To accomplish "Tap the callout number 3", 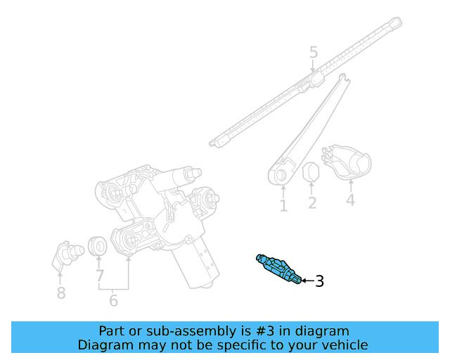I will point(319,282).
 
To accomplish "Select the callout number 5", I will point(314,52).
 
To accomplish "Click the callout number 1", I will point(283,206).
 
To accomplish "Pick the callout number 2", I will point(312,204).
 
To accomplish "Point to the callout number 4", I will point(350,200).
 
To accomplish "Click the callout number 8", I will point(61,292).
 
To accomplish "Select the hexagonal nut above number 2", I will point(311,173).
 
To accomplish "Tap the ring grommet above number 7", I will point(98,247).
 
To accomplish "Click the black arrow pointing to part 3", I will point(307,281).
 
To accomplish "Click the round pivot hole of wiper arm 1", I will point(280,174).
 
